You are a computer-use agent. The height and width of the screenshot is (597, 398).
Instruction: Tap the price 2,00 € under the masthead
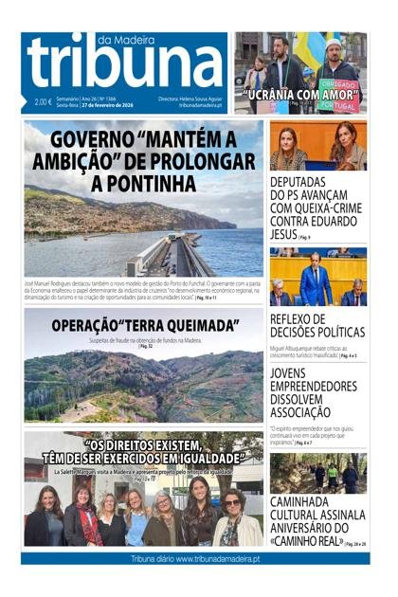[x=43, y=102]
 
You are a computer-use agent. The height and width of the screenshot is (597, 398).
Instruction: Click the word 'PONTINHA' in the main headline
[x=143, y=182]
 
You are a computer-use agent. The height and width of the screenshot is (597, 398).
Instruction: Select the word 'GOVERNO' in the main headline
[x=87, y=141]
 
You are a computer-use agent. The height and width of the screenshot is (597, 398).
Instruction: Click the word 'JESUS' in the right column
[x=283, y=233]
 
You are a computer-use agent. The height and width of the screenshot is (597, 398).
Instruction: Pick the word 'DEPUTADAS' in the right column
[x=304, y=183]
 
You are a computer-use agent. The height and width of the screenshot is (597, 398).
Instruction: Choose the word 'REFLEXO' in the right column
[x=298, y=319]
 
